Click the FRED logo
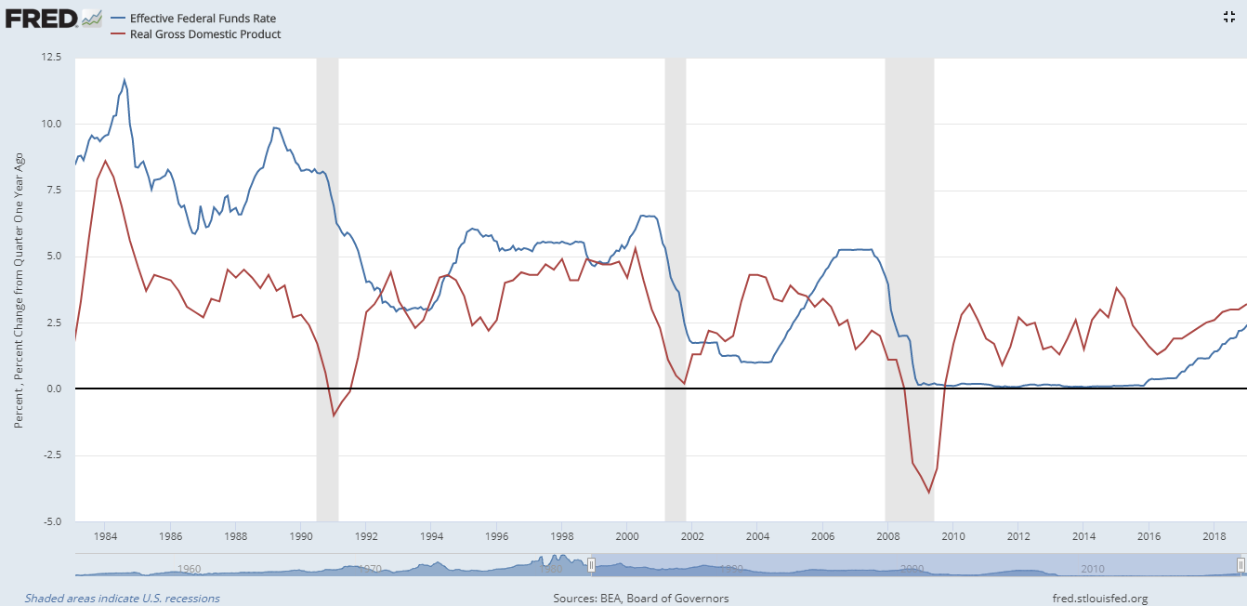tap(41, 18)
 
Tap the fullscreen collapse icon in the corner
tap(1230, 16)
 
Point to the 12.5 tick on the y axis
tap(51, 58)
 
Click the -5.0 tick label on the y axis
tap(51, 521)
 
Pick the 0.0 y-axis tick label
tap(54, 389)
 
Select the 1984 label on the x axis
tap(105, 537)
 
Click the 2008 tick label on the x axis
tap(887, 537)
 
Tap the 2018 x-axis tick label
tap(1214, 537)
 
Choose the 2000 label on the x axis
tap(626, 537)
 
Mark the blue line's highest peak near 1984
tap(125, 80)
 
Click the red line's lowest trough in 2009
tap(928, 493)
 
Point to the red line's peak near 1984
tap(105, 161)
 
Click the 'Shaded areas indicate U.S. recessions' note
tap(123, 599)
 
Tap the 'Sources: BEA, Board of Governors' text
tap(641, 599)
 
